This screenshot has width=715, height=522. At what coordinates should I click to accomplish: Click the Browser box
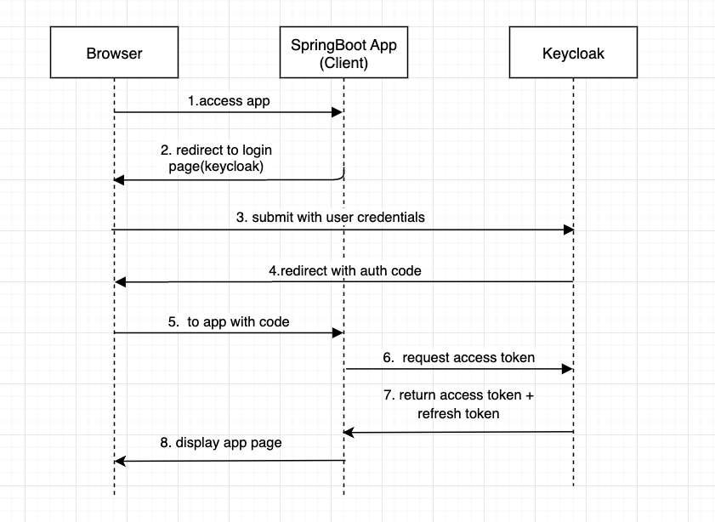pyautogui.click(x=114, y=54)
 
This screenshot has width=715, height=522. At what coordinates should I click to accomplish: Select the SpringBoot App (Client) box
pyautogui.click(x=343, y=54)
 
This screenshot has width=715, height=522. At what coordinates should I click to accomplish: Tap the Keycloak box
pyautogui.click(x=572, y=54)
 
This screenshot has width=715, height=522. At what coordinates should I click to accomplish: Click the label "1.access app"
pyautogui.click(x=229, y=100)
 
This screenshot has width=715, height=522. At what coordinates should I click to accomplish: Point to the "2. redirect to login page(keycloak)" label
pyautogui.click(x=216, y=158)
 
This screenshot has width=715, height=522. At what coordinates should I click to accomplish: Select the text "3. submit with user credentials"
pyautogui.click(x=330, y=217)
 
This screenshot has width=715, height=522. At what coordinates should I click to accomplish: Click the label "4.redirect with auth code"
pyautogui.click(x=344, y=270)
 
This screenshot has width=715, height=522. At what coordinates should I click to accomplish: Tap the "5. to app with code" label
pyautogui.click(x=229, y=321)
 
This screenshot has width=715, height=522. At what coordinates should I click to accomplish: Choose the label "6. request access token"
pyautogui.click(x=458, y=357)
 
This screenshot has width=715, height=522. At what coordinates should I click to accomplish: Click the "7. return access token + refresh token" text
pyautogui.click(x=458, y=404)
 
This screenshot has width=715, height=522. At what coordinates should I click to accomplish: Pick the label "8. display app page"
pyautogui.click(x=220, y=442)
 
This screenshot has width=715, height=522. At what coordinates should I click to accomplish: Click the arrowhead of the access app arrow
pyautogui.click(x=338, y=111)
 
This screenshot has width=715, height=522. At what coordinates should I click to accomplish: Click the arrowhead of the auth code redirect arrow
pyautogui.click(x=120, y=281)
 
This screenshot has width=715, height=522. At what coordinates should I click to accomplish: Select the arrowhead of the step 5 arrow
pyautogui.click(x=338, y=332)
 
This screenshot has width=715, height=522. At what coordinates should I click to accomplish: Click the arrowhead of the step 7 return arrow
pyautogui.click(x=349, y=433)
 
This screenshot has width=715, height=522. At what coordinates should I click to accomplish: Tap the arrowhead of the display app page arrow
pyautogui.click(x=120, y=461)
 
